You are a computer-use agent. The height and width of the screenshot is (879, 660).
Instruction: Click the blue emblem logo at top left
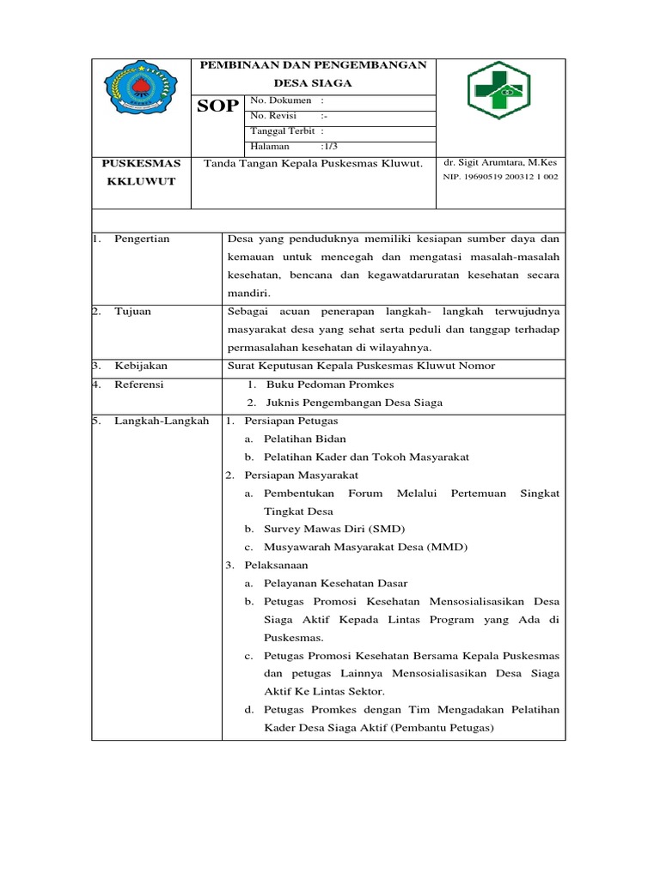(x=142, y=90)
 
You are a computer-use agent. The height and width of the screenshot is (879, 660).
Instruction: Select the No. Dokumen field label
(x=280, y=101)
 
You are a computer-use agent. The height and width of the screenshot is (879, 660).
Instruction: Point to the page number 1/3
(x=330, y=147)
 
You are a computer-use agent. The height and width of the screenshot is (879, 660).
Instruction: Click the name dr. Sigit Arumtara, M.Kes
(x=500, y=162)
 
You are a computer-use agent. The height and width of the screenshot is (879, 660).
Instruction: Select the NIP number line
(x=500, y=177)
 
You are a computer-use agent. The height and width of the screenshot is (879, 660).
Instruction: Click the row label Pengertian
(x=142, y=239)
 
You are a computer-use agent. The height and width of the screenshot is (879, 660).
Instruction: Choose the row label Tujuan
(x=132, y=311)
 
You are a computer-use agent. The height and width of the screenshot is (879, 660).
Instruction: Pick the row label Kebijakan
(x=141, y=366)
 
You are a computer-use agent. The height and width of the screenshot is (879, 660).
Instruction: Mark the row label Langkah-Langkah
(x=162, y=421)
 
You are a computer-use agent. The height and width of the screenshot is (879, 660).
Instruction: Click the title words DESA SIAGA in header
(x=313, y=82)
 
